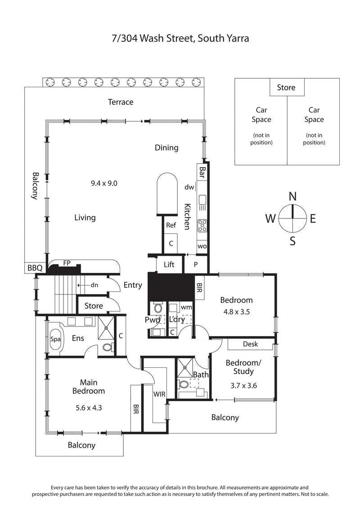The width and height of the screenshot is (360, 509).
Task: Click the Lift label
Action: tap(169, 265)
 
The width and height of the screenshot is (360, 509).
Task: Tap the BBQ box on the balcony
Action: tap(34, 268)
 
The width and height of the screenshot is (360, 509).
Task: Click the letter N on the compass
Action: tap(292, 196)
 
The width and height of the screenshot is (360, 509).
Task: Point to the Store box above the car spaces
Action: tap(286, 87)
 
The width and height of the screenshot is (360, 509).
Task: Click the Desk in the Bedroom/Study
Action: tap(250, 344)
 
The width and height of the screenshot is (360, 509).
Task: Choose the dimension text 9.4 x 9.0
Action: tap(103, 183)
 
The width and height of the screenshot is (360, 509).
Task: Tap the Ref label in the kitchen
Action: tap(171, 225)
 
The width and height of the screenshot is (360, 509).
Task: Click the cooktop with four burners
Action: tap(202, 225)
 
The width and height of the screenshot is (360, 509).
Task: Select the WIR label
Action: tap(159, 394)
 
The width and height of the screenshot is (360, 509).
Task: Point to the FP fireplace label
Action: tap(67, 263)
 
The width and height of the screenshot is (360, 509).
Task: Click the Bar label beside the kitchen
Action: tap(202, 172)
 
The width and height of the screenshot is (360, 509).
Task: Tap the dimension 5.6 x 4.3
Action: tap(89, 409)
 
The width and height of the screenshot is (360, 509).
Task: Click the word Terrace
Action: tap(121, 102)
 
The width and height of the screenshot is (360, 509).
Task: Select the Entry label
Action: tap(133, 285)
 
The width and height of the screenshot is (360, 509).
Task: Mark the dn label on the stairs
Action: tap(94, 285)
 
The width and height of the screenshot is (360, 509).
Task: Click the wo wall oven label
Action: tap(202, 246)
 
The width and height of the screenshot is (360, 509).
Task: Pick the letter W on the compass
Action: tap(270, 219)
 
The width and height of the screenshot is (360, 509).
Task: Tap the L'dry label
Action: tap(177, 320)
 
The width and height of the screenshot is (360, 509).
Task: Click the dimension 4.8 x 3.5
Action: tap(236, 311)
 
